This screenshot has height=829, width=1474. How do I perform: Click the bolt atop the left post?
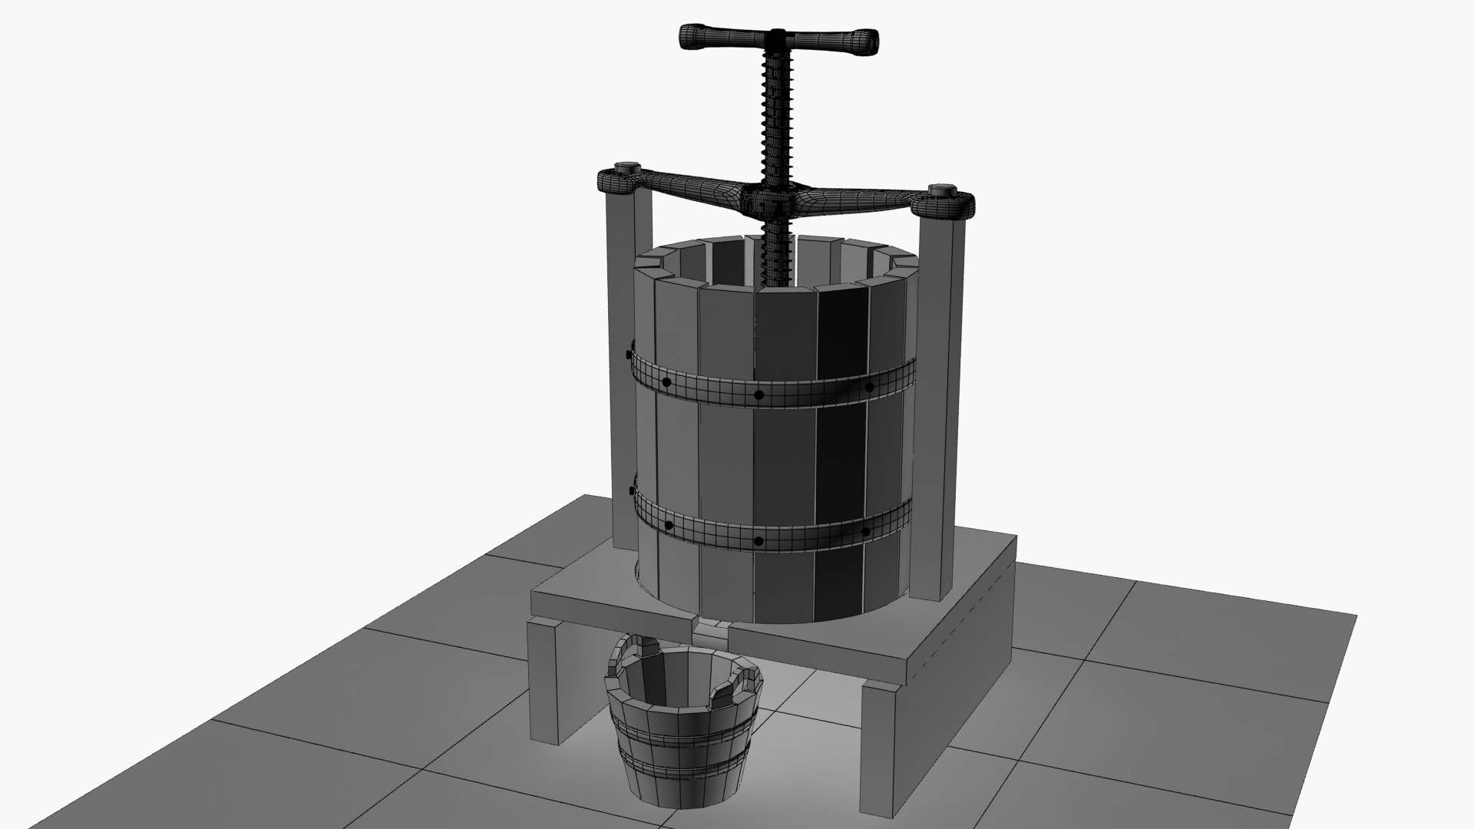[x=628, y=170]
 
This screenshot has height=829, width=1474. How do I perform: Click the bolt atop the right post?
[x=940, y=191]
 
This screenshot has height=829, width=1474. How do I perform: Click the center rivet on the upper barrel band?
[x=758, y=395]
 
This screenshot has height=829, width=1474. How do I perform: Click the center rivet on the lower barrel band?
[x=758, y=541]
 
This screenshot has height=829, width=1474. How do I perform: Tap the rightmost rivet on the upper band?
[x=869, y=387]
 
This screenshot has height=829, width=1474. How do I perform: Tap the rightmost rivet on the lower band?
[x=865, y=530]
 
